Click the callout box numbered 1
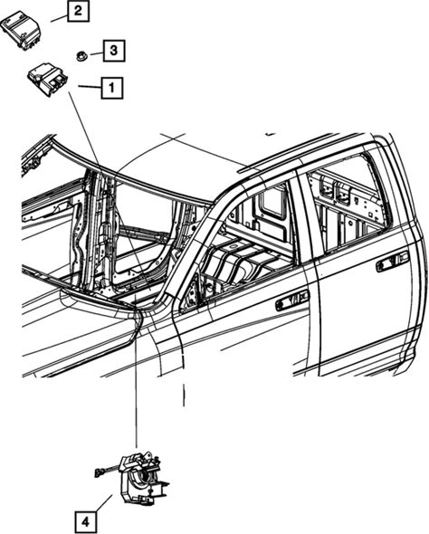(111, 88)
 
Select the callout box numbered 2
(78, 11)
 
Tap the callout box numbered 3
(114, 51)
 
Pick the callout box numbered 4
(85, 521)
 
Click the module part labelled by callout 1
(47, 81)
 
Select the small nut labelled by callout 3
(81, 55)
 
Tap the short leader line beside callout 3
(97, 53)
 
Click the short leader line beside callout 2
(59, 18)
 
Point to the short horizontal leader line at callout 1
(90, 87)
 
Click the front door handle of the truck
(291, 300)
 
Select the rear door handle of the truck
(392, 262)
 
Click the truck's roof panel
(191, 160)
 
